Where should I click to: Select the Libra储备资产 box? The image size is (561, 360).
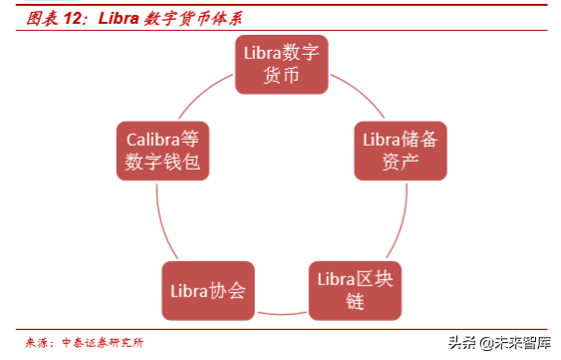coord(398,151)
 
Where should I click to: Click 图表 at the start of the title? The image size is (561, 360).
coord(39,18)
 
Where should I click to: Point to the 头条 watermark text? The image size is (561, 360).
coord(460,342)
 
